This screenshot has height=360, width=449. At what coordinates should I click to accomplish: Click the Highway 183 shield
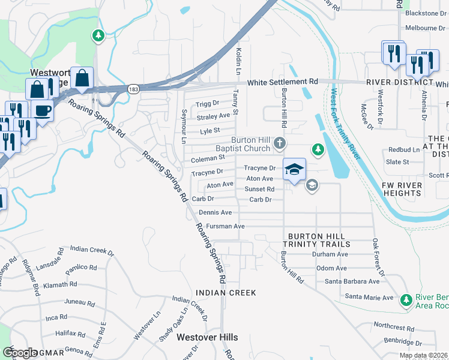133,89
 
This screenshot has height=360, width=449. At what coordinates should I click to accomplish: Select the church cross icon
279,144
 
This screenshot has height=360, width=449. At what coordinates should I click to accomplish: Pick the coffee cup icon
43,110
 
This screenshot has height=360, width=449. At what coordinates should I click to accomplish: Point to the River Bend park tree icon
406,299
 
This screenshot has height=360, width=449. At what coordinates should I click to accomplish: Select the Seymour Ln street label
184,128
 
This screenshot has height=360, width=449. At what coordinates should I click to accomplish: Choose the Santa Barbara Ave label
352,281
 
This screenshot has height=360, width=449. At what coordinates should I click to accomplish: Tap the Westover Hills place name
207,337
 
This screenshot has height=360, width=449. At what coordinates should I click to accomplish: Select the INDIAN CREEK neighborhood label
226,293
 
